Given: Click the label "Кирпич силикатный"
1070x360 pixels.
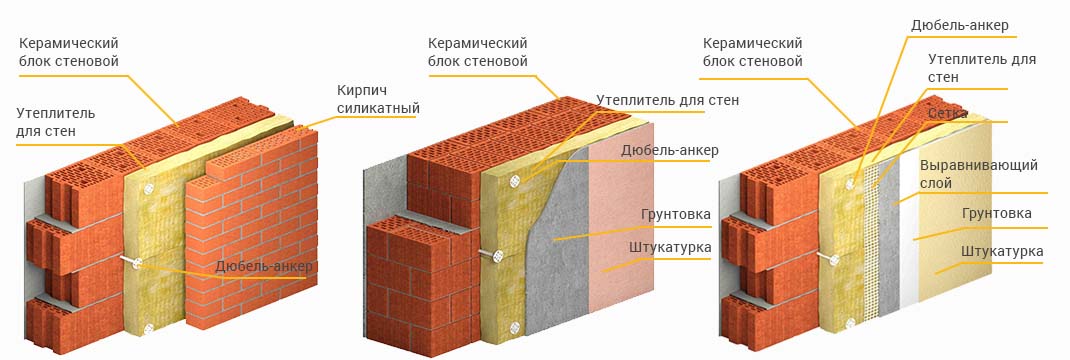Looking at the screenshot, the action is (x=378, y=99).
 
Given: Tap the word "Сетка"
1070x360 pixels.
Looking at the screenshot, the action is (x=947, y=113).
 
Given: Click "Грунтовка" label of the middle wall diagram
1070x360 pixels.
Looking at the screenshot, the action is (x=676, y=214).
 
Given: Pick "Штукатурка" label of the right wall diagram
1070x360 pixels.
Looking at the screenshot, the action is (x=1002, y=252).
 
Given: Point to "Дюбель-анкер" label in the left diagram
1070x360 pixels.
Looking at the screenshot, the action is (x=264, y=266).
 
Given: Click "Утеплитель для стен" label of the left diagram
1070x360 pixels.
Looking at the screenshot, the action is (x=56, y=121).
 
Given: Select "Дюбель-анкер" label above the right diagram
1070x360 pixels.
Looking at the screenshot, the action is (x=959, y=26).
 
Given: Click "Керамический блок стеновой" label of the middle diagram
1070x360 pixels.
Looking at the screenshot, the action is (x=478, y=52).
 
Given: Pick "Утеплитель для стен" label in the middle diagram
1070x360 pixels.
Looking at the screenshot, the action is (x=667, y=101).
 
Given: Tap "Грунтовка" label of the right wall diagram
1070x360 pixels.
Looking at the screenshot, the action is (x=996, y=213).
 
